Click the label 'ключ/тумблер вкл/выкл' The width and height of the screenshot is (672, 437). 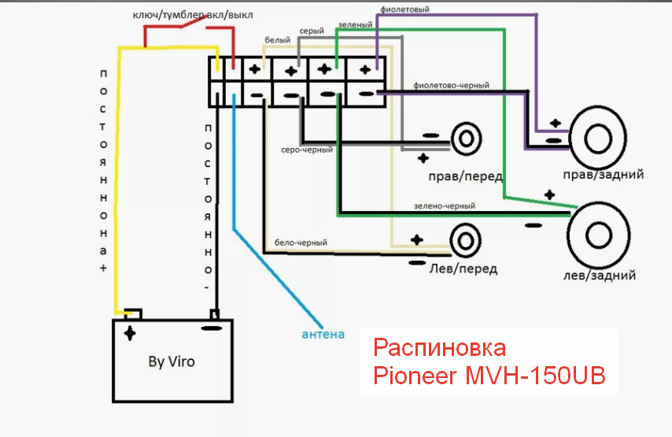(x=193, y=15)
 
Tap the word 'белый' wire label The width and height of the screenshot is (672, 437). (x=277, y=40)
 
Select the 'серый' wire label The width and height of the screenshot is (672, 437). (x=312, y=31)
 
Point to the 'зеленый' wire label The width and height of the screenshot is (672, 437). (x=356, y=25)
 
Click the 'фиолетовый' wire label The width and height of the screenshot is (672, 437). (x=404, y=9)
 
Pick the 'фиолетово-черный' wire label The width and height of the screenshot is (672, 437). (x=452, y=85)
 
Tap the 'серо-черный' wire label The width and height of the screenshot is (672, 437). (x=307, y=150)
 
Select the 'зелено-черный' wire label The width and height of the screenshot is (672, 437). (x=445, y=206)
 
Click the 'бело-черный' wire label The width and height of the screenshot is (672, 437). (x=301, y=243)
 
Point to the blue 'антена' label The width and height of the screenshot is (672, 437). (x=323, y=334)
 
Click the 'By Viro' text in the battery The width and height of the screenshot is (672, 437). (x=172, y=361)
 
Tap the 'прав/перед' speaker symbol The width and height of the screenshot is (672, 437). (x=466, y=139)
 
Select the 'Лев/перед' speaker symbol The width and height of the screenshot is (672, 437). (x=465, y=241)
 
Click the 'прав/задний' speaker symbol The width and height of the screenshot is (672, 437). (x=597, y=138)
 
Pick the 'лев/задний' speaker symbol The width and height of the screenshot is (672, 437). (x=598, y=236)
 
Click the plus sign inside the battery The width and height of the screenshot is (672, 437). (x=129, y=333)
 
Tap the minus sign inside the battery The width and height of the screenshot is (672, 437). (x=212, y=328)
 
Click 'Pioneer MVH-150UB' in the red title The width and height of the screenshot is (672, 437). (x=489, y=376)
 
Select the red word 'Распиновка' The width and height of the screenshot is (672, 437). (x=439, y=348)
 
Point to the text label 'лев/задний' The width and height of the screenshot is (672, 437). (x=599, y=275)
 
